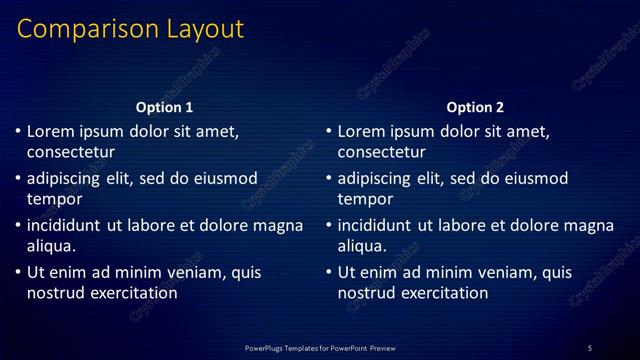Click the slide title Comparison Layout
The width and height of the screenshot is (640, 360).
[130, 29]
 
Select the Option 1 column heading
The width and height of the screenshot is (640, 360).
[164, 107]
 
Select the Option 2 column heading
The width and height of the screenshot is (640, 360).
[475, 107]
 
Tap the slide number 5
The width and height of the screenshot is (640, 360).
[590, 347]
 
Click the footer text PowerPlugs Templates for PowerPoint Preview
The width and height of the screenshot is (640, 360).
[320, 347]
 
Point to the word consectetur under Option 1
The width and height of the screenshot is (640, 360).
[71, 152]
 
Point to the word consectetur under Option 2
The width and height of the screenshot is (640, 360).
[382, 152]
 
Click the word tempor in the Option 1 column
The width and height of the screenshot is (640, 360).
[51, 199]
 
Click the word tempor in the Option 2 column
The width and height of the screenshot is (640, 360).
[362, 199]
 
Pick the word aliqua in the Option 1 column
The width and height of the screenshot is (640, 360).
[51, 246]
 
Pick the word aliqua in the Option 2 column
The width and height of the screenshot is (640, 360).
[362, 246]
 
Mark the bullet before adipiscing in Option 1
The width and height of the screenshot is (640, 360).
[18, 179]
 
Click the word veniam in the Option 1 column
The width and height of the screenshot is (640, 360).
[178, 272]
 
